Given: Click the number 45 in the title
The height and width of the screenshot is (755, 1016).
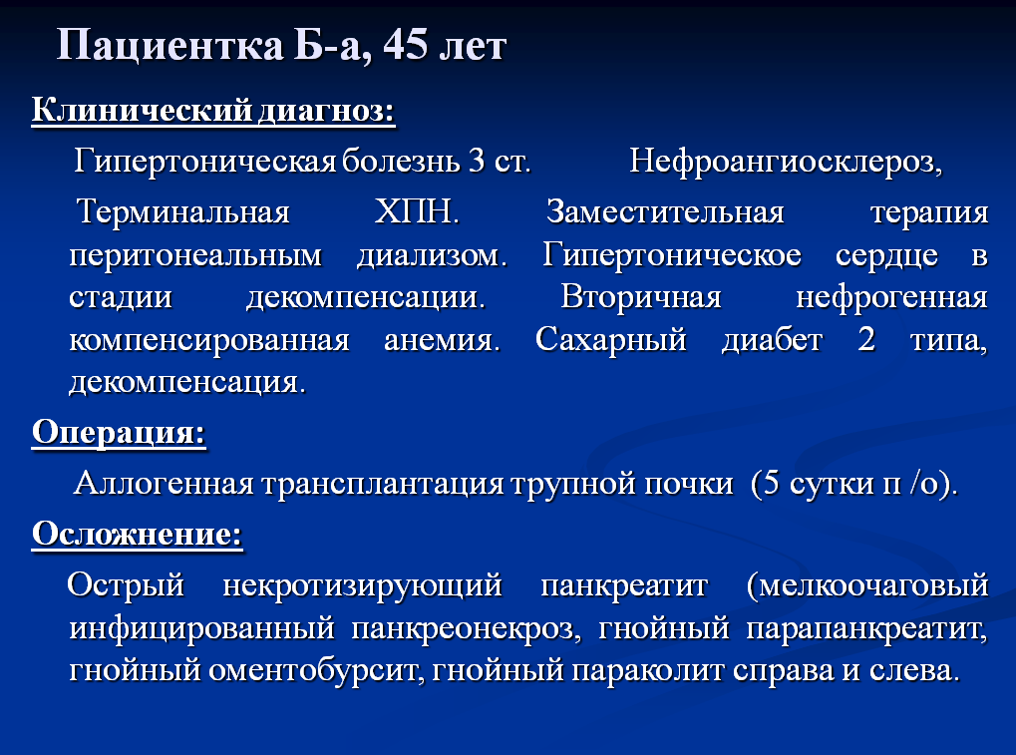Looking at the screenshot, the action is [x=406, y=45].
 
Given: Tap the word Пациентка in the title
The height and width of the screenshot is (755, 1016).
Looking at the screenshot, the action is [x=170, y=46].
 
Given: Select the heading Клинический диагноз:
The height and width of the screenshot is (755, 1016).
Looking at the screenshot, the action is [x=213, y=110].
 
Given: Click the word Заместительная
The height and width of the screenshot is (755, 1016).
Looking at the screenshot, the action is [x=665, y=211].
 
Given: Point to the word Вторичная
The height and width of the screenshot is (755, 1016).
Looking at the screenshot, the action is [x=641, y=298].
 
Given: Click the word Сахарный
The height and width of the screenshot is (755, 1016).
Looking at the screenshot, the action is [x=611, y=340].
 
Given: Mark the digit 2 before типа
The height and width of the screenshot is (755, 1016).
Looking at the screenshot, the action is [x=866, y=339].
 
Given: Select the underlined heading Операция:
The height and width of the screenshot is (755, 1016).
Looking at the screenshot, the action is [x=119, y=432].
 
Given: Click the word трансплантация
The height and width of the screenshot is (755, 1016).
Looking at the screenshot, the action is [x=382, y=484].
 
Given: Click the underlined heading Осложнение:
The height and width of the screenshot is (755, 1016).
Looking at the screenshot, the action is [x=137, y=534].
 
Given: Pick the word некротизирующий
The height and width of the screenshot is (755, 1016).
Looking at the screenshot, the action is [x=362, y=585].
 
